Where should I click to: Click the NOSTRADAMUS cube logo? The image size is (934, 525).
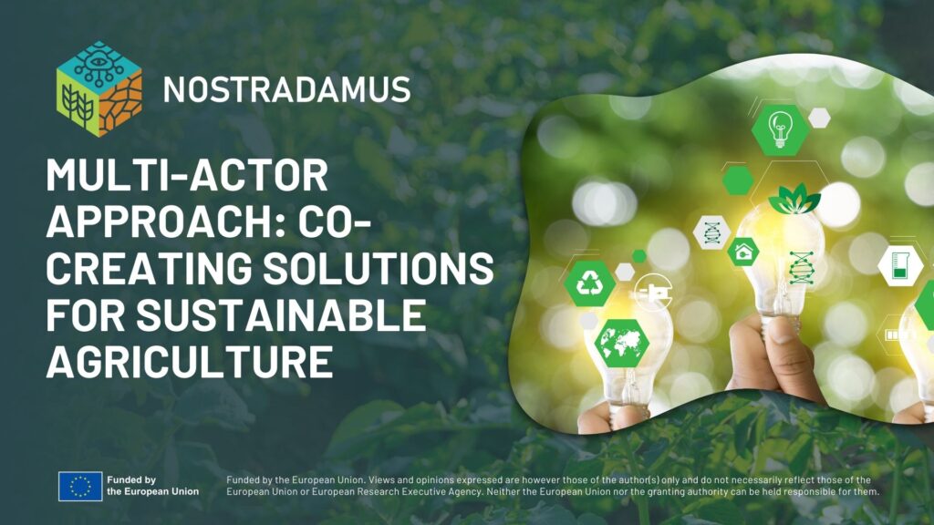click(x=99, y=88)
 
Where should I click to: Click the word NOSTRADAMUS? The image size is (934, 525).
click(x=286, y=90)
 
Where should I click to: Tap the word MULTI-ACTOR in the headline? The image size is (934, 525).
click(x=186, y=175)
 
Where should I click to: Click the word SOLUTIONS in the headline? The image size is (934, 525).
click(x=379, y=268)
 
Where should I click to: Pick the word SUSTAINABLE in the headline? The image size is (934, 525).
click(x=281, y=314)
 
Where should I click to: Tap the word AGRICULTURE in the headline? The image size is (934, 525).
click(x=190, y=361)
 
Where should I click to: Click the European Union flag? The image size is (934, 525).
click(x=80, y=486)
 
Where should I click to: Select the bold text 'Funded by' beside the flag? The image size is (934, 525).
click(x=131, y=479)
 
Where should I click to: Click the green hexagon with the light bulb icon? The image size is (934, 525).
click(x=780, y=129)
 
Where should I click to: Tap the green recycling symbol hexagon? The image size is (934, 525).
click(x=590, y=283)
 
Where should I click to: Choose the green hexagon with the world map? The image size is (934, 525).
click(x=621, y=343)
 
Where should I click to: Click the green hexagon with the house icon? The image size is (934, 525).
click(x=742, y=252)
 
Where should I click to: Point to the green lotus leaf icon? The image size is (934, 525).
click(x=794, y=199)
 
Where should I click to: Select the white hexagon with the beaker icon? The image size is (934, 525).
click(x=900, y=265)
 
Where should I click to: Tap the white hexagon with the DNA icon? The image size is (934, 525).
click(x=712, y=232)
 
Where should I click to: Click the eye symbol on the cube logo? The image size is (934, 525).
click(x=99, y=62)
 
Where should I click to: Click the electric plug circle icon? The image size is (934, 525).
click(x=653, y=291)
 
